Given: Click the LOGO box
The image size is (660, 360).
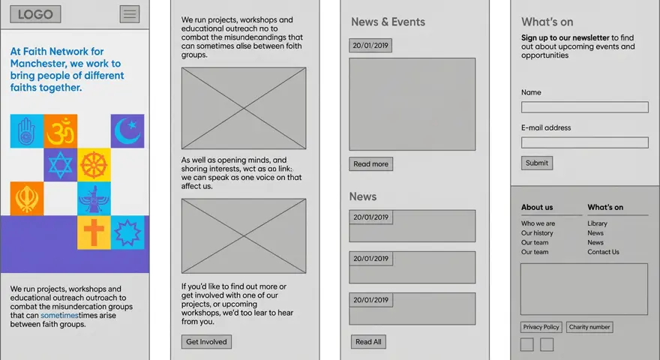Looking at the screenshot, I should tap(35, 14).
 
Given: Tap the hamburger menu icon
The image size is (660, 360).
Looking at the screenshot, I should tap(130, 14).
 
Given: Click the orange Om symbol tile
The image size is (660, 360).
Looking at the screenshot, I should tap(61, 131).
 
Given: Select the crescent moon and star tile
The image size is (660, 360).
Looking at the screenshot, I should tap(127, 131).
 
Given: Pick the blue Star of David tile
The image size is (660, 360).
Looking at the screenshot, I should tap(61, 165).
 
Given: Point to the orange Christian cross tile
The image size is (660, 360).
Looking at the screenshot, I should tap(94, 232).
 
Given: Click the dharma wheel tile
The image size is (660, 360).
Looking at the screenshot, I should tap(94, 165).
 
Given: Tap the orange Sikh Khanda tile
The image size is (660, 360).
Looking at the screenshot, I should tap(27, 199).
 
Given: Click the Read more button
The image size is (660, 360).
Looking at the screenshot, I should tap(370, 164).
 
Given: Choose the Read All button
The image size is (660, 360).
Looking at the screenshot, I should tap(368, 342).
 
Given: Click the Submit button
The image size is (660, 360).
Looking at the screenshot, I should tap(537, 163).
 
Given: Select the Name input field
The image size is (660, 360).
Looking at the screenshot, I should tap(584, 107).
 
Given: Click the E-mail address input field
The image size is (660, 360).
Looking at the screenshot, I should tap(584, 142).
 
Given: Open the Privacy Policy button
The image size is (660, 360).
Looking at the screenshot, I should tap(541, 327).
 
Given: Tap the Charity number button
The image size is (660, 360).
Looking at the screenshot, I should tap(589, 327).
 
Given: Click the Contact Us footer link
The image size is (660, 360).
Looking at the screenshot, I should tap(603, 252).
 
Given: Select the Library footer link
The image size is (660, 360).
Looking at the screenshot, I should tap(597, 223).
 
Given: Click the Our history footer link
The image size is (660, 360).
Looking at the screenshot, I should tap(537, 233).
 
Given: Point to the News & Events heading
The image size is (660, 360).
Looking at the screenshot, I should tap(388, 22).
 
